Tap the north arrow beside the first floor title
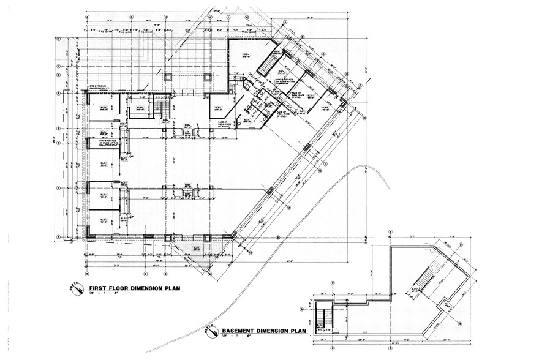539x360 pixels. click(x=77, y=290)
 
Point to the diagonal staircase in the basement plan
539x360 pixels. click(x=424, y=279)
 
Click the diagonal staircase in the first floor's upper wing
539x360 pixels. click(x=268, y=61)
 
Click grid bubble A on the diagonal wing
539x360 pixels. click(x=285, y=23)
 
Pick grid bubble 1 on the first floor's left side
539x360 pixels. click(x=58, y=39)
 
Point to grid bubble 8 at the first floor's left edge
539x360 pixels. click(x=58, y=238)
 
